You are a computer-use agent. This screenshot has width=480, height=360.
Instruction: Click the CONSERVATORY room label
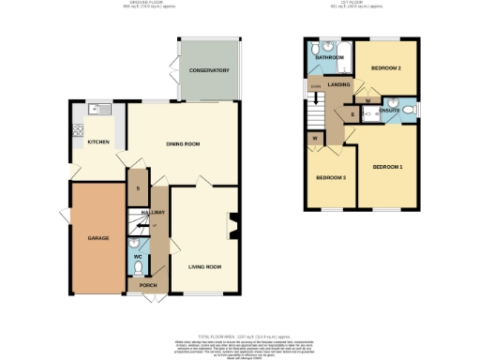click(208, 71)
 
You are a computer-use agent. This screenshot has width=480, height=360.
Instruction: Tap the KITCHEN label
click(99, 142)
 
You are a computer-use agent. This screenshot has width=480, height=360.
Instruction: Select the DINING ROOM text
click(184, 143)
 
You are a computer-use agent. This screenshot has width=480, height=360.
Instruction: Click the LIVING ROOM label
click(204, 267)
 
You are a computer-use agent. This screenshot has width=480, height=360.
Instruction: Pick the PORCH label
click(147, 284)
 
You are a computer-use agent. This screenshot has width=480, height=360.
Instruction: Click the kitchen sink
click(95, 110)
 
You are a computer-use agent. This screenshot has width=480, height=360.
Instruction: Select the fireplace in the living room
click(234, 224)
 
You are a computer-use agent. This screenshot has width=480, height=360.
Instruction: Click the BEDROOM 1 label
click(387, 167)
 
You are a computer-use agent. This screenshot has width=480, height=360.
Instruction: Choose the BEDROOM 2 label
click(385, 68)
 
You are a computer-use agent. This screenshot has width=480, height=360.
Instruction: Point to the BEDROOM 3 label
click(330, 177)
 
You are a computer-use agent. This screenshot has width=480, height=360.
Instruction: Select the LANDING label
click(338, 85)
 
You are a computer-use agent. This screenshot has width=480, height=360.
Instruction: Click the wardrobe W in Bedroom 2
click(367, 99)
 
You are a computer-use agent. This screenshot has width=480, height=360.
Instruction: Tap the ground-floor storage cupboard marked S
click(139, 188)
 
